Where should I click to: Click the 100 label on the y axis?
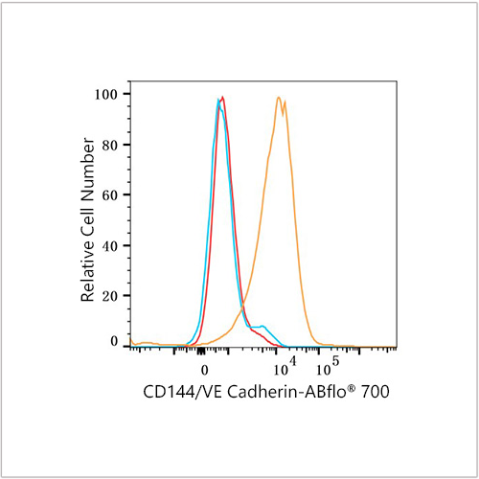point(106,94)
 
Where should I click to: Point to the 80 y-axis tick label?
point(110,145)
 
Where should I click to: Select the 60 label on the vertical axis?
point(110,195)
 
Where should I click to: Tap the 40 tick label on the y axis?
point(110,246)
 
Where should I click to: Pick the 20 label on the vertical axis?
point(110,296)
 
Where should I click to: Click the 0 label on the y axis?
point(114,341)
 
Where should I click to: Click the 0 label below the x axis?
point(205,370)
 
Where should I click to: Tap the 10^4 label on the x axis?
point(285,367)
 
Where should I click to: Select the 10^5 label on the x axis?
point(328,367)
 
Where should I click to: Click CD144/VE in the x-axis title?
point(182,392)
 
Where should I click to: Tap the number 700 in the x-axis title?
point(376,392)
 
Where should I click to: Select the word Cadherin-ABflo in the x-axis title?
point(286,392)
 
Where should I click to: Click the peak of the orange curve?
point(279,98)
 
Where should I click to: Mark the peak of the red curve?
point(222,97)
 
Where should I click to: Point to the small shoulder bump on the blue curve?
point(262,326)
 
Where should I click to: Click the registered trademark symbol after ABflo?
point(351,387)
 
